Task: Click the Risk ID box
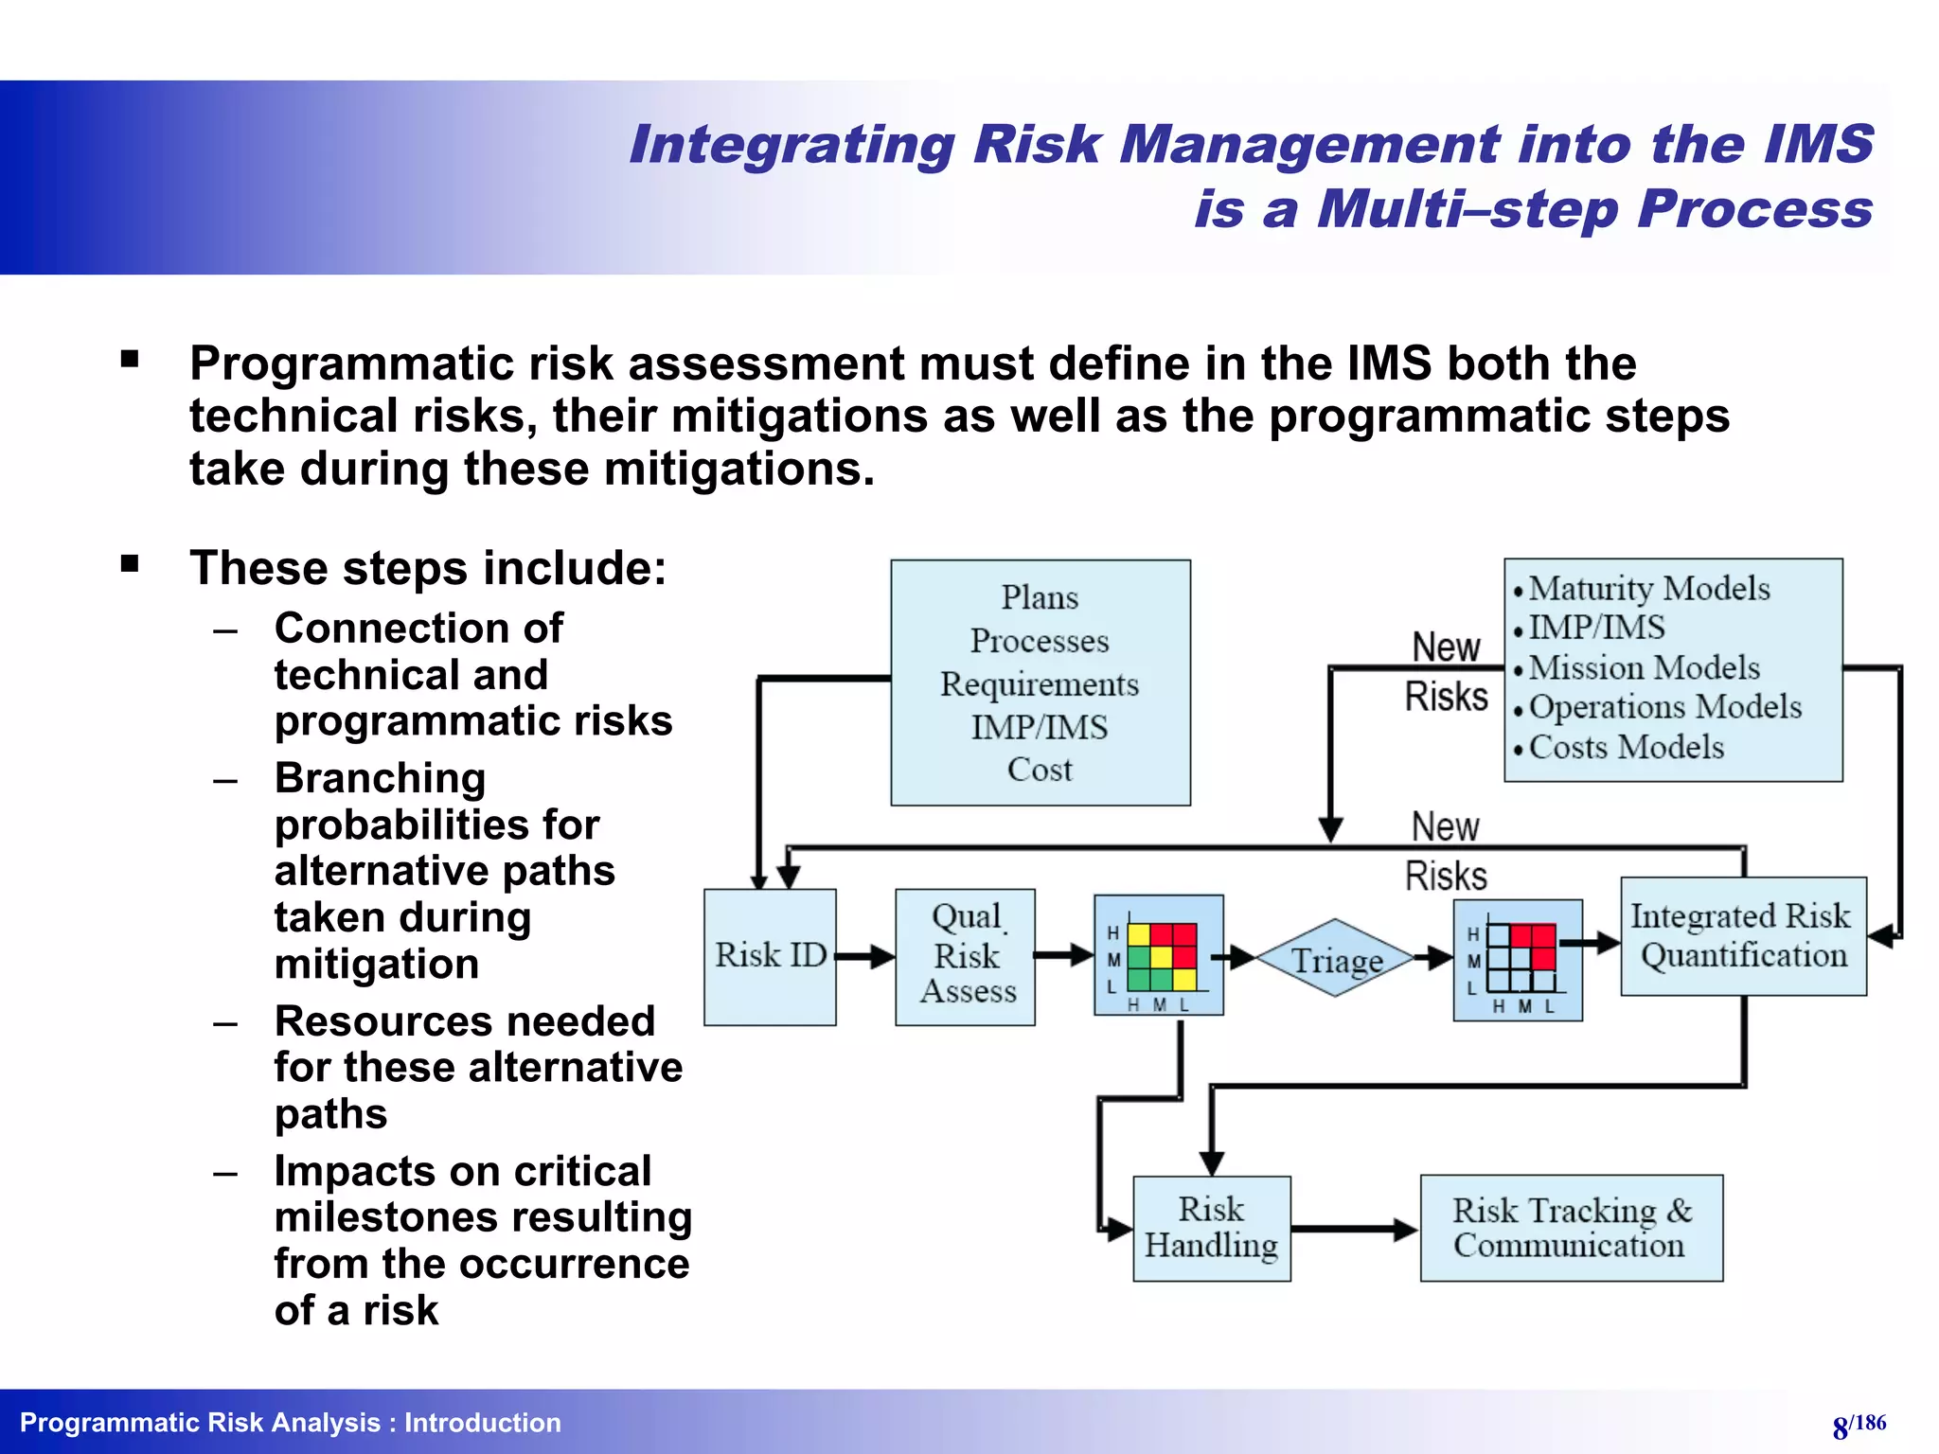(770, 956)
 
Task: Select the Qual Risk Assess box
(965, 956)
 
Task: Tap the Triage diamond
(1336, 959)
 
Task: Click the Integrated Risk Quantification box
(1743, 936)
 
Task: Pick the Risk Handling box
(1211, 1228)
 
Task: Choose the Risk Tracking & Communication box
(1571, 1228)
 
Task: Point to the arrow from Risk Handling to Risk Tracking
(1354, 1230)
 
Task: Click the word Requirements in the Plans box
(1039, 684)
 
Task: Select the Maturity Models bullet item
(1648, 589)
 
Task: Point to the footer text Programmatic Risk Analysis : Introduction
(291, 1423)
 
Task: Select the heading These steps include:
(428, 568)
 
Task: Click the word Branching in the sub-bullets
(380, 778)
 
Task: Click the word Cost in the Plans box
(1039, 770)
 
